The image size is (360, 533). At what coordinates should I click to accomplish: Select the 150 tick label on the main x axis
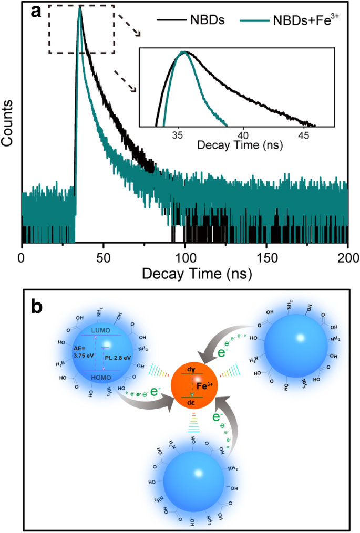coord(266,258)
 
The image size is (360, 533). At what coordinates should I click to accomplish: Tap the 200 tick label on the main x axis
coord(347,258)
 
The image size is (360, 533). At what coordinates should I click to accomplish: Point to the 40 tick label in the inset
coord(243,134)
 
